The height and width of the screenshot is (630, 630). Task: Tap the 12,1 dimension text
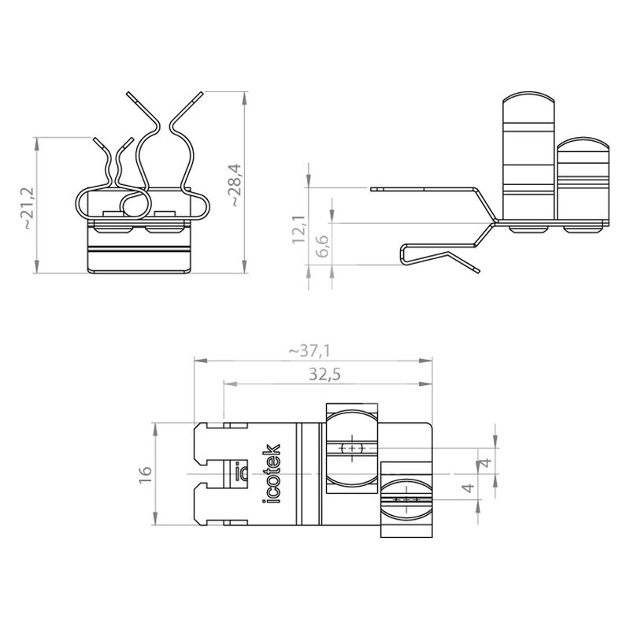[x=299, y=229]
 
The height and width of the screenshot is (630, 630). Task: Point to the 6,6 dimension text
[x=322, y=246]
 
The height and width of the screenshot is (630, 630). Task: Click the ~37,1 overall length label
[x=309, y=351]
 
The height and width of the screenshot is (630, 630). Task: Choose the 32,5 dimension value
[x=324, y=375]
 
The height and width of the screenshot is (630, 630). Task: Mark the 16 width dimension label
[x=145, y=475]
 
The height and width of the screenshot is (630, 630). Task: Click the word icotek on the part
[x=271, y=474]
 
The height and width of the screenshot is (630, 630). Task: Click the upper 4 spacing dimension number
[x=487, y=462]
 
